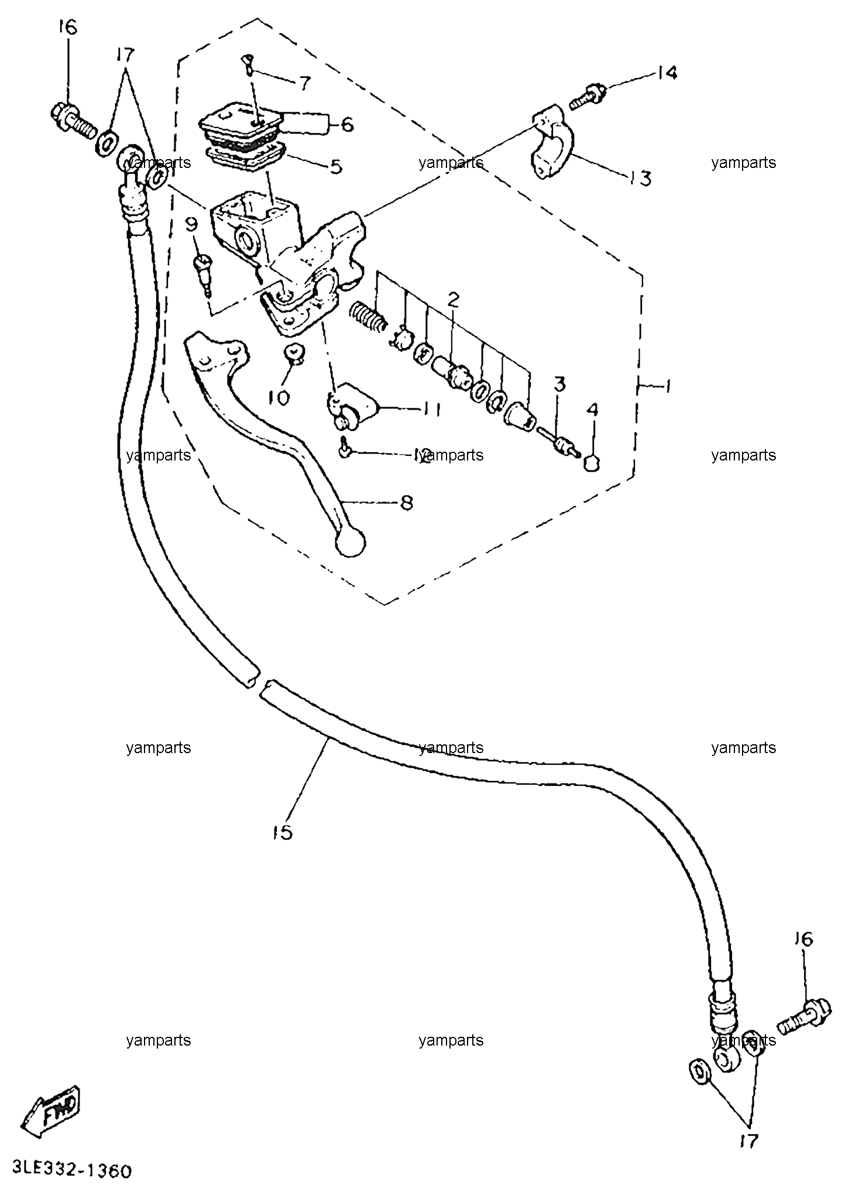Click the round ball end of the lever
pyautogui.click(x=350, y=543)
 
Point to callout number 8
pyautogui.click(x=407, y=503)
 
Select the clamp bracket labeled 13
pyautogui.click(x=554, y=143)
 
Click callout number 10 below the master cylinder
pyautogui.click(x=279, y=398)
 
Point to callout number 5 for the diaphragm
pyautogui.click(x=335, y=167)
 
